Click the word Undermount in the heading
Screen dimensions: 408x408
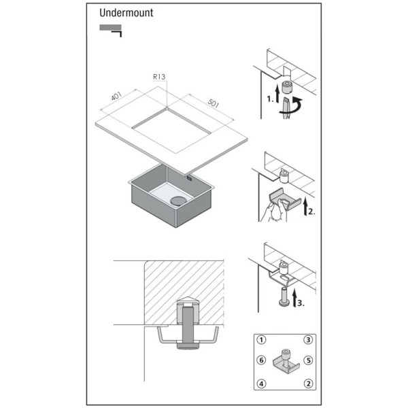pos(126,13)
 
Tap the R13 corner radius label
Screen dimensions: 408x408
pos(159,77)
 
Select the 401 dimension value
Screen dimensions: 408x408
pos(116,96)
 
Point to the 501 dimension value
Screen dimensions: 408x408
pos(214,103)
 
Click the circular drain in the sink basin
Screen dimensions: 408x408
pos(178,201)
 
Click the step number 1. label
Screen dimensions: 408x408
pos(270,99)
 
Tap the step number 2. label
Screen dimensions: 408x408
pos(311,211)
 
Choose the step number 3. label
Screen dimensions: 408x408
pos(301,303)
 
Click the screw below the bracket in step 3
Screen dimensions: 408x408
pos(285,297)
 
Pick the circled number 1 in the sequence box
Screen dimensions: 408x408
pos(261,340)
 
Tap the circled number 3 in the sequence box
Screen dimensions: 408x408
pos(308,340)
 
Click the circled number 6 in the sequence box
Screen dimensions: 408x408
pos(261,360)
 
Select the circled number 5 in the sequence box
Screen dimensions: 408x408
pos(308,360)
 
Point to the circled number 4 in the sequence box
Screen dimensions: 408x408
pos(261,384)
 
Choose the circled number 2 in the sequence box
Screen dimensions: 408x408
pos(308,384)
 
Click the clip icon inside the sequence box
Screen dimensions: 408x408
pos(285,362)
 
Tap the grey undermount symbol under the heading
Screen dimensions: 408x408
pos(110,28)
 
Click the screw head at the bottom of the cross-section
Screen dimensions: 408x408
pos(188,346)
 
